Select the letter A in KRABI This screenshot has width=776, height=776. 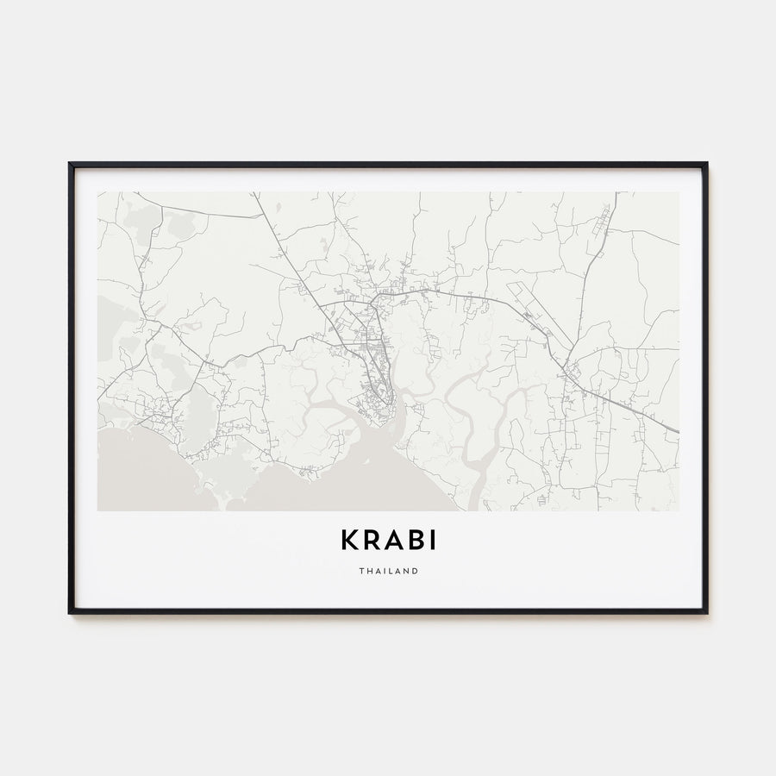tap(393, 540)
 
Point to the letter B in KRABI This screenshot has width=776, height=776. tap(415, 540)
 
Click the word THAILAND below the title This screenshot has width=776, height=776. tap(388, 571)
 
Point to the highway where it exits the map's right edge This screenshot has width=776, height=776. tap(676, 431)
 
